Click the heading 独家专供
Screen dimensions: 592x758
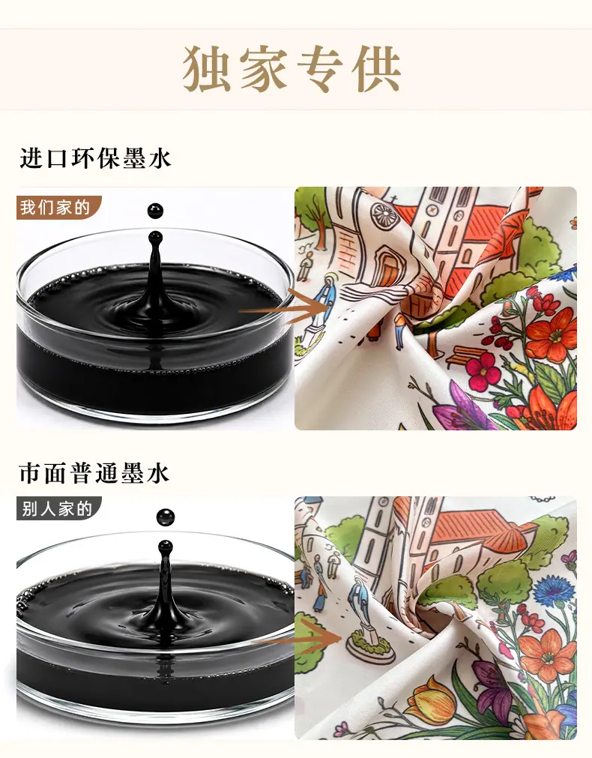292,69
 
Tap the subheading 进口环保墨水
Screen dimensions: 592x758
95,158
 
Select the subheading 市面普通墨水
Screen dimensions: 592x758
94,472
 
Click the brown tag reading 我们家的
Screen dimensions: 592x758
58,208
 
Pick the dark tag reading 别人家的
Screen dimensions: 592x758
58,508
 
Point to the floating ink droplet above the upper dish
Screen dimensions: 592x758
156,211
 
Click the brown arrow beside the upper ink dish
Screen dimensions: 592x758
285,305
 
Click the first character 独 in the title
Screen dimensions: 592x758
206,69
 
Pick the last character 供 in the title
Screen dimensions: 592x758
377,69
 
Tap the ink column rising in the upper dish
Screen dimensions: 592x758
155,271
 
